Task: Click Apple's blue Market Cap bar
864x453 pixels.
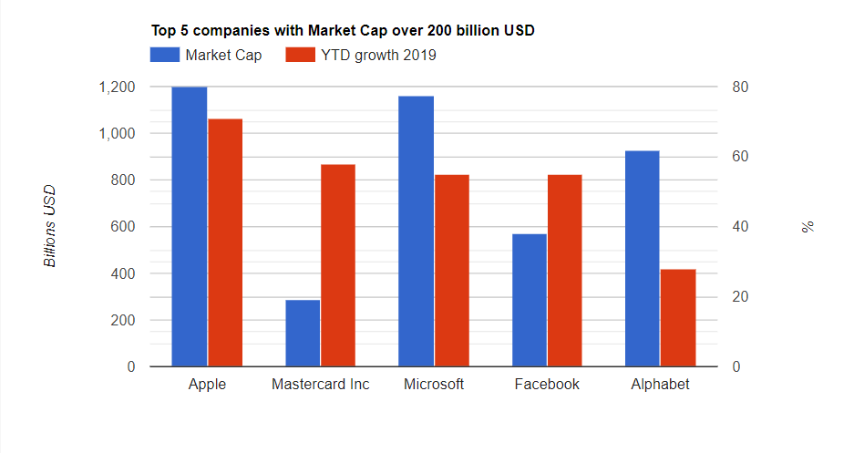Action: [x=190, y=227]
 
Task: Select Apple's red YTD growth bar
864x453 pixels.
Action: [x=225, y=242]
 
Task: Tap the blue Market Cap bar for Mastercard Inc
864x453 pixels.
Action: [x=303, y=333]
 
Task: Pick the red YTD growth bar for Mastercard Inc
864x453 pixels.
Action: [x=338, y=265]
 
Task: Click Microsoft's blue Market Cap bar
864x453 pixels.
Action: [x=417, y=232]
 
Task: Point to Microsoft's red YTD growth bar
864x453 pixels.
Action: [x=452, y=271]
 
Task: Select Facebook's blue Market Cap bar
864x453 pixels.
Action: [x=530, y=300]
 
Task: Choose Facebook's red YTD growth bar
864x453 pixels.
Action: [x=565, y=271]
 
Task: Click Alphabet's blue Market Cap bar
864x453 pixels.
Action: [x=643, y=259]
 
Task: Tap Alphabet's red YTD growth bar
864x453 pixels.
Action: [x=678, y=318]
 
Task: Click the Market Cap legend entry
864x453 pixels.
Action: [x=207, y=56]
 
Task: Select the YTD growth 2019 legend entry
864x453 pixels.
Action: [x=361, y=56]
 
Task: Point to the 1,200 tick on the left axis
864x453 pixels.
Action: [x=116, y=88]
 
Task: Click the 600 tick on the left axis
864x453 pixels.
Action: [x=122, y=227]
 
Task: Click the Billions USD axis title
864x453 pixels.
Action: [x=51, y=226]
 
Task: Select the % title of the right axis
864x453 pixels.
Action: [x=807, y=226]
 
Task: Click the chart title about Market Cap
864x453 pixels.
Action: [x=343, y=30]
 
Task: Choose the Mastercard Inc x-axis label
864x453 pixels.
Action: [x=321, y=385]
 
